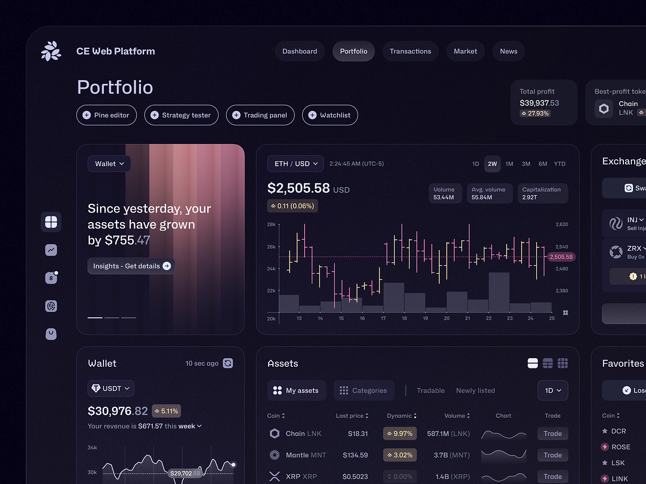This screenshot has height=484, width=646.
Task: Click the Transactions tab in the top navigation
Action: [410, 51]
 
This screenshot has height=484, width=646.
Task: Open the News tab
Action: [508, 51]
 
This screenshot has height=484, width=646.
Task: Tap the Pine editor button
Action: [107, 115]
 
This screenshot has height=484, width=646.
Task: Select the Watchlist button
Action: [330, 115]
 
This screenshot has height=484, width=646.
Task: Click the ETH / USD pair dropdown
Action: [296, 163]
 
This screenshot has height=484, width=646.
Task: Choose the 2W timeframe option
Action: [492, 163]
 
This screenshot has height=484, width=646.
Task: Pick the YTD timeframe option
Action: [560, 163]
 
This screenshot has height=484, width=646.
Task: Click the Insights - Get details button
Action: [131, 266]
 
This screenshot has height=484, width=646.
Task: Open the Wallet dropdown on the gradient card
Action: [109, 163]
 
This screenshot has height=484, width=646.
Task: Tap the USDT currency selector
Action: [111, 388]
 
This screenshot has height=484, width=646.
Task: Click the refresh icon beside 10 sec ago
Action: [228, 364]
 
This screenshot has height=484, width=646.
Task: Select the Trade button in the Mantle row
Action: [552, 455]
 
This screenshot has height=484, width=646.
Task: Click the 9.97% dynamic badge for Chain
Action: [399, 433]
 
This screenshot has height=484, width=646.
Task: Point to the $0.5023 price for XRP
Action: [355, 476]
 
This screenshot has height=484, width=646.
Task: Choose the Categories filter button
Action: [364, 390]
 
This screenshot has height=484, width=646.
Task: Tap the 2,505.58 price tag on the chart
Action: [561, 257]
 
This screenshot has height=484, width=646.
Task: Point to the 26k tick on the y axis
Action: [271, 247]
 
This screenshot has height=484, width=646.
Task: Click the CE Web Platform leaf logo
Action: [51, 51]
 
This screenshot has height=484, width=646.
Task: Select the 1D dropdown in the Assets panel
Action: [552, 390]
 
